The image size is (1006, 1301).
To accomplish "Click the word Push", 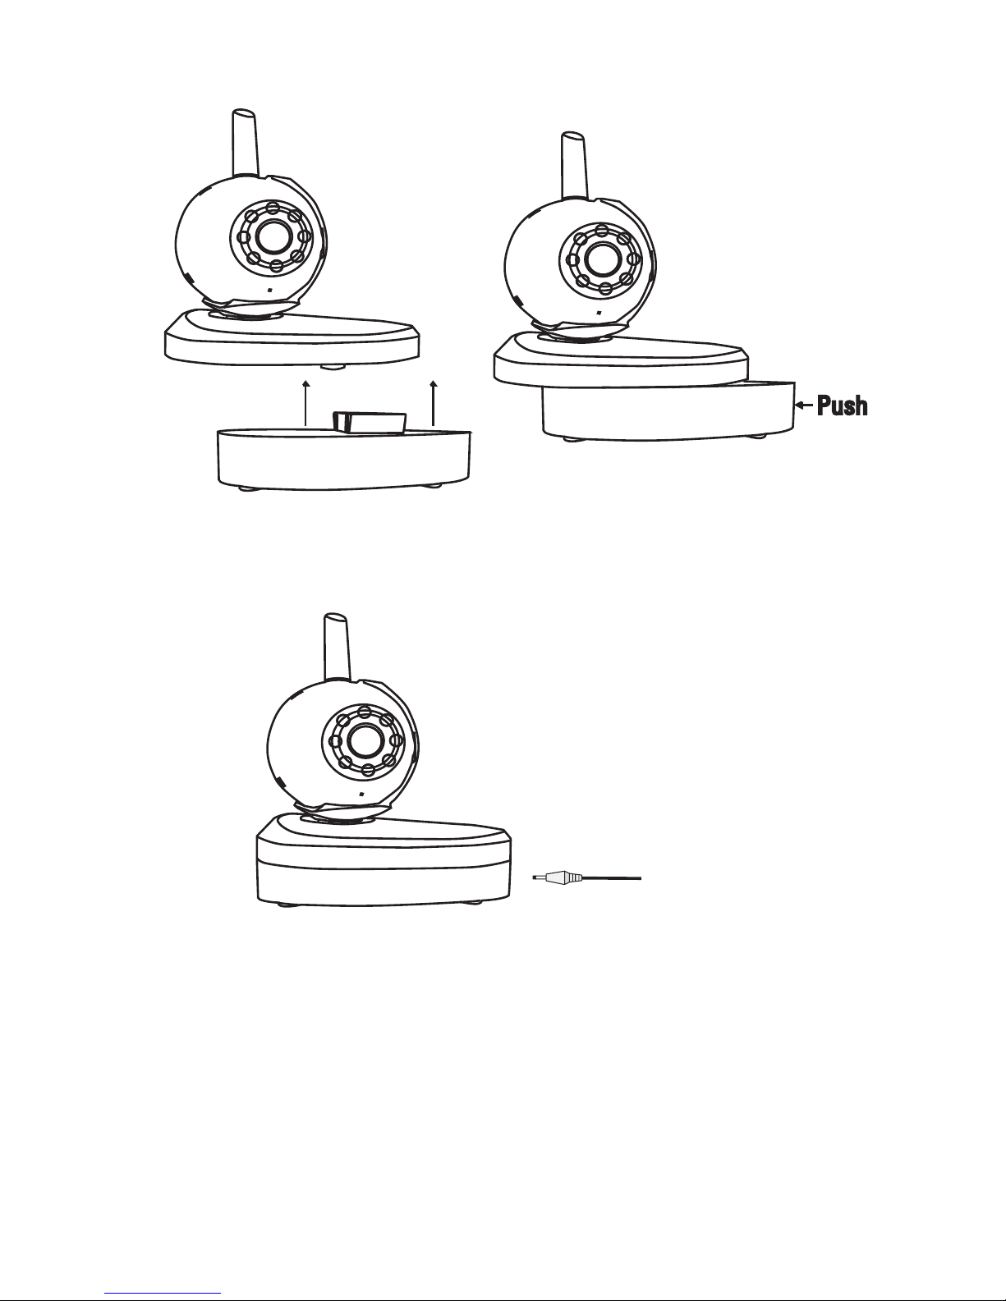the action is (x=842, y=405).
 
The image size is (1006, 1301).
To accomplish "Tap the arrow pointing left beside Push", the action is (x=804, y=405).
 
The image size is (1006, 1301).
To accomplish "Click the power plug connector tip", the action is (x=539, y=878).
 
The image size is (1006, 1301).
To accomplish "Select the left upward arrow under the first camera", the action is (x=306, y=403).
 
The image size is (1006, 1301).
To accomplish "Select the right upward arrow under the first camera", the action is (x=434, y=403).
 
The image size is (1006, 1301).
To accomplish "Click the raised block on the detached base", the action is (x=370, y=422).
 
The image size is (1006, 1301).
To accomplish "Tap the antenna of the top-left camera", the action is (x=245, y=143).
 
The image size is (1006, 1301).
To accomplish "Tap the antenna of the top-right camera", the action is (x=574, y=165).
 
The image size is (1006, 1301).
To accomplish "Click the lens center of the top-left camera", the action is (x=273, y=236).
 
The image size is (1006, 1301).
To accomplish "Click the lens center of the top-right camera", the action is (x=603, y=259).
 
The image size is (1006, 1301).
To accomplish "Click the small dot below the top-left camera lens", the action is (x=269, y=291).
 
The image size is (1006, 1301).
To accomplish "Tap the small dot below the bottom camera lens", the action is (x=361, y=795).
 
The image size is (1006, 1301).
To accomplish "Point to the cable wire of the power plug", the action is (x=611, y=878).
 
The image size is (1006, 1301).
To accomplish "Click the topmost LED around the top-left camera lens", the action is (x=273, y=209).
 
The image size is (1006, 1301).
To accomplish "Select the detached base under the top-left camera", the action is (x=344, y=458).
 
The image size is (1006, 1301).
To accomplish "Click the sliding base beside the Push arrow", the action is (x=668, y=412).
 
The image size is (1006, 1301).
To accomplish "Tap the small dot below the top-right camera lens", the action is (x=599, y=313).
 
